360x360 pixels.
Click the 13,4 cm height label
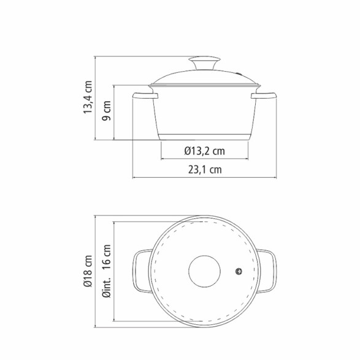coord(88,97)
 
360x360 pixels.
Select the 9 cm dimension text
coord(106,110)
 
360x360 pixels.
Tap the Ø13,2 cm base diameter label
coord(205,151)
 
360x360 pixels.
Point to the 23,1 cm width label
coord(205,170)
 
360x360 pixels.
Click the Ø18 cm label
coord(88,271)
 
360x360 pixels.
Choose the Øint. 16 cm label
coord(107,271)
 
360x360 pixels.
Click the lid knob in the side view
coord(204,63)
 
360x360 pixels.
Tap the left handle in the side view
coord(145,96)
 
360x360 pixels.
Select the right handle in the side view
coord(264,96)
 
